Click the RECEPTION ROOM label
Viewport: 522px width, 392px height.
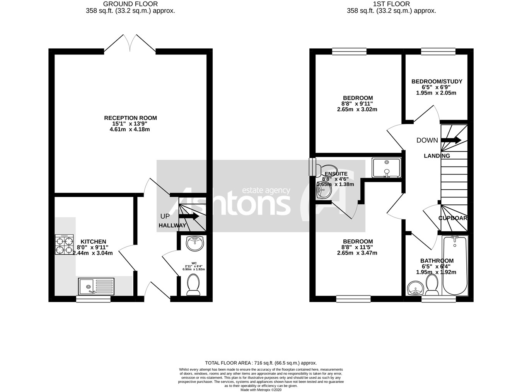(x=130, y=118)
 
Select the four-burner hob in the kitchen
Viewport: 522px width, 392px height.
(x=65, y=245)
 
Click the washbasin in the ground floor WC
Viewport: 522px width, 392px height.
(x=195, y=243)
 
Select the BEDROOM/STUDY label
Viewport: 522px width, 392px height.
(x=437, y=81)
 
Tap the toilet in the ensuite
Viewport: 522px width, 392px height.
(x=325, y=169)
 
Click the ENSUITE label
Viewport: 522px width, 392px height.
(x=336, y=174)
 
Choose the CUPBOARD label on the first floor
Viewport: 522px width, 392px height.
(x=453, y=218)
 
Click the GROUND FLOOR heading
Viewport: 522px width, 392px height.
(x=130, y=4)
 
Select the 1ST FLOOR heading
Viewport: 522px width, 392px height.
(x=391, y=4)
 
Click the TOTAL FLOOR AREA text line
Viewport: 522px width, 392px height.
(x=261, y=363)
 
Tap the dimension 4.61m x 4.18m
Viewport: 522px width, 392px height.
(x=130, y=129)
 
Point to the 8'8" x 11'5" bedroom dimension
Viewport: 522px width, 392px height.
(x=357, y=247)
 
